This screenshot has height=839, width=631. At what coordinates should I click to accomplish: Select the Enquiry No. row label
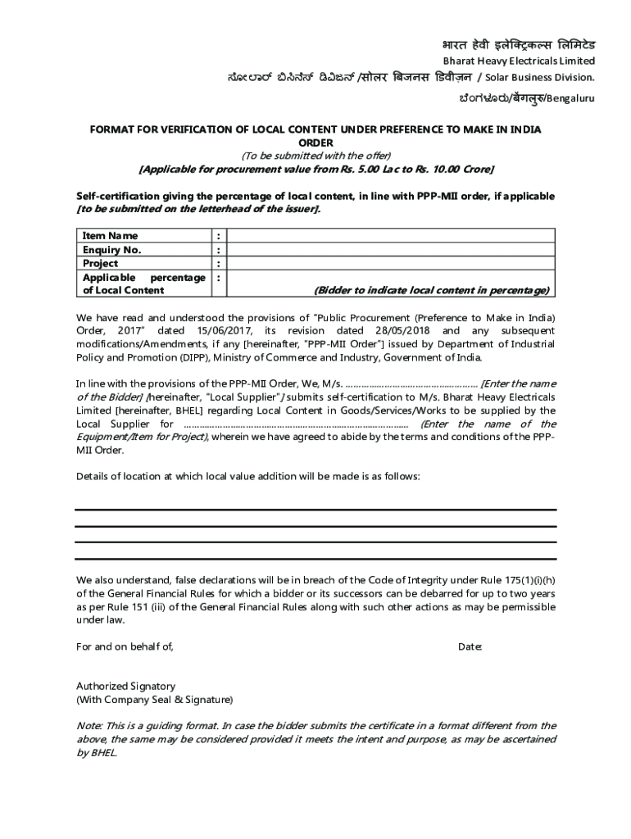tap(111, 250)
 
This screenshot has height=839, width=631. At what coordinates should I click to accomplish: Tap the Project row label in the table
tap(100, 264)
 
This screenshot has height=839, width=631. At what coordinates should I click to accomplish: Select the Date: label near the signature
tap(470, 647)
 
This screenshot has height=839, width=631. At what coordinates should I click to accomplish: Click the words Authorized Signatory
tap(125, 686)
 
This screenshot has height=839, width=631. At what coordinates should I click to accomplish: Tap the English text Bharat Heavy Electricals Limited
tap(519, 61)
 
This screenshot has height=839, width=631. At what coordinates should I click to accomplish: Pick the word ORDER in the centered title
tap(315, 143)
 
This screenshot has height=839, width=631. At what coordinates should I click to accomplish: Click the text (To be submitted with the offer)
tap(315, 156)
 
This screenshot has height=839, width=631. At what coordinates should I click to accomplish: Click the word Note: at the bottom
tap(89, 726)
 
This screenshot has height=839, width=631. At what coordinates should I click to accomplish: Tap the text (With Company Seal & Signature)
tap(154, 700)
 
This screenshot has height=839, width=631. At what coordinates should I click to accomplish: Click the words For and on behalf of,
tap(125, 647)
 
